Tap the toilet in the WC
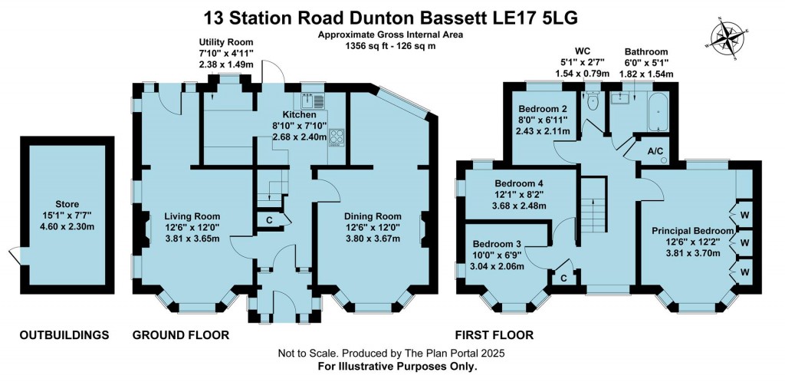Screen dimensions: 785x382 593,102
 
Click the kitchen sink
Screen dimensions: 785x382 313,100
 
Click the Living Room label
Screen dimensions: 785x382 192,216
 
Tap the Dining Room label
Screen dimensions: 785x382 373,216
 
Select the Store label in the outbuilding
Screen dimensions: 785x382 67,204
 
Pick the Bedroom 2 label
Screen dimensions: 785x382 542,109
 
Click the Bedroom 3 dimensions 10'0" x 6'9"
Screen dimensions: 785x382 498,255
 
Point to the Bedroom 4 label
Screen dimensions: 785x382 519,183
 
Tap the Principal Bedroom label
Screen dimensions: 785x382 693,231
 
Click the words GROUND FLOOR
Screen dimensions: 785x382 181,335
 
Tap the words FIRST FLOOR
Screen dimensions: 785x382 494,335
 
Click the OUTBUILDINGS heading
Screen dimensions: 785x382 64,335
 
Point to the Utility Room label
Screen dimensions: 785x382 226,42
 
